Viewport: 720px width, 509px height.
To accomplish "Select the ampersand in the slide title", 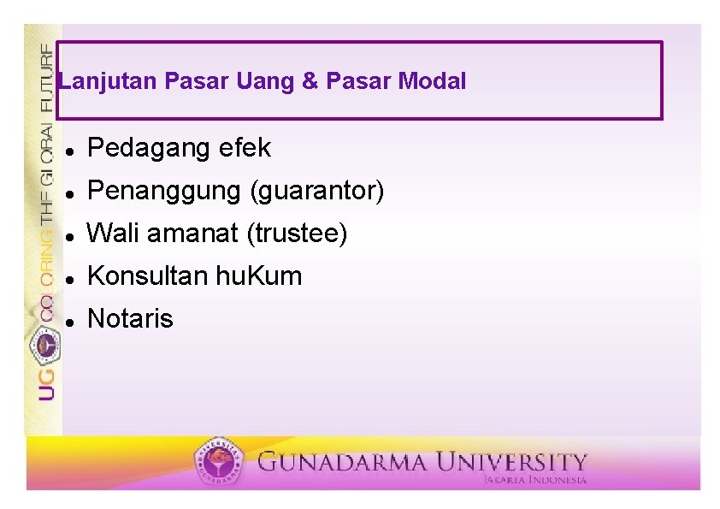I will (309, 82).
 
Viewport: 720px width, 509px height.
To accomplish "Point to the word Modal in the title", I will (432, 82).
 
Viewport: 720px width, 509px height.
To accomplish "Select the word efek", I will (245, 148).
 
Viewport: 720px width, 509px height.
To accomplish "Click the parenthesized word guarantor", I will (316, 191).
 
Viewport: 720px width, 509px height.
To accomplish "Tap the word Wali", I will (113, 233).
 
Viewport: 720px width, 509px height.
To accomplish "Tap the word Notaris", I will (130, 319).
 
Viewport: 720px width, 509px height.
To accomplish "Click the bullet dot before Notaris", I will (68, 321).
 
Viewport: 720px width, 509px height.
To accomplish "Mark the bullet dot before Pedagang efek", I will (68, 150).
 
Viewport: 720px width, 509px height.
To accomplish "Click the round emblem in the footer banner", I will (219, 463).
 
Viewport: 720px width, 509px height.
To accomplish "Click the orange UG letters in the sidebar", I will (45, 384).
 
